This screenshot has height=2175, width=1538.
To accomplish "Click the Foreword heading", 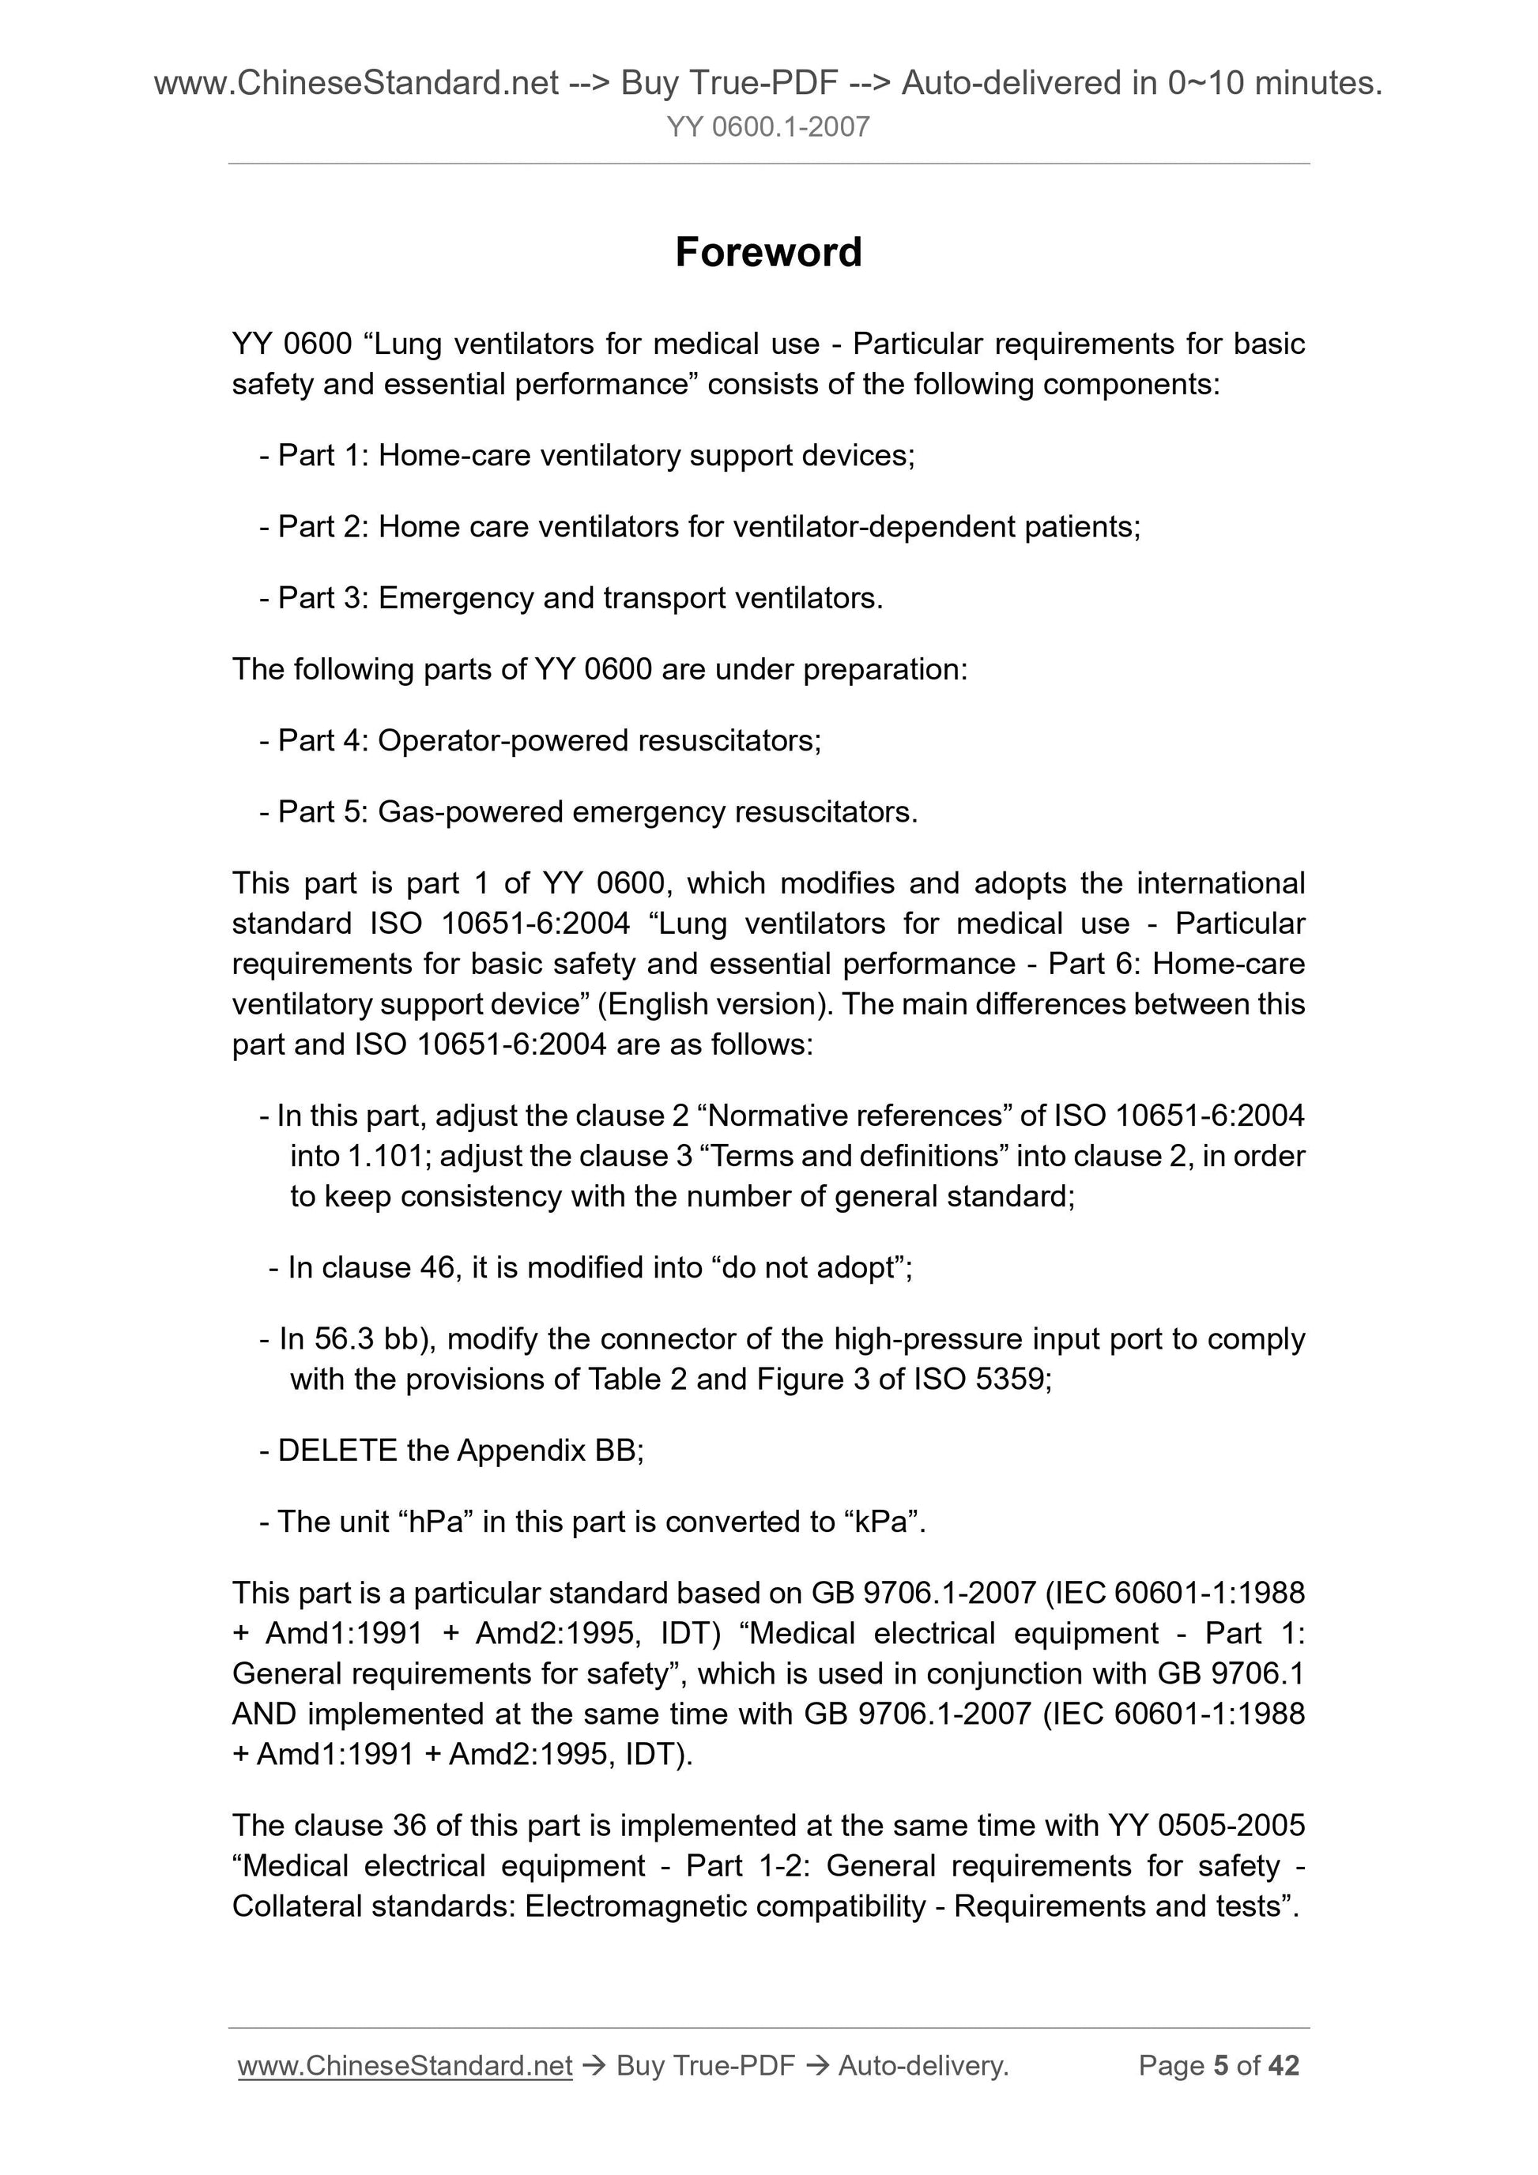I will tap(767, 252).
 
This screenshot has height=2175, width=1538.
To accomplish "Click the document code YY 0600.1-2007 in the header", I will tap(767, 127).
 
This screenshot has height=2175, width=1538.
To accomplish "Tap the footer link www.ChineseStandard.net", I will tap(405, 2065).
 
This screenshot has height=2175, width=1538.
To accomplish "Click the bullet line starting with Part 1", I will tap(586, 456).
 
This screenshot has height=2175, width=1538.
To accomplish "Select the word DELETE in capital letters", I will tap(337, 1451).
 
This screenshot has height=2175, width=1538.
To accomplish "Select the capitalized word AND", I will tap(265, 1714).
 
